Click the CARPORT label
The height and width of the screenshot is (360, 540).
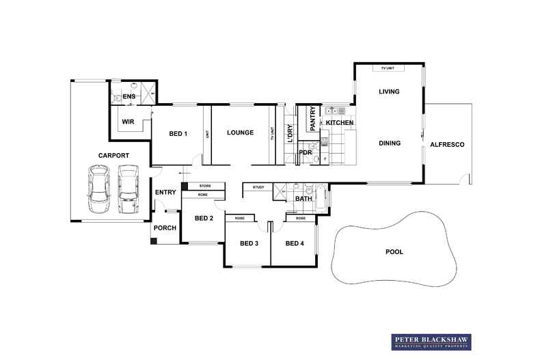coord(113,156)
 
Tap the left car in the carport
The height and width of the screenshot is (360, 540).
coord(99,189)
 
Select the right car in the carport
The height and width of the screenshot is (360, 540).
coord(129,189)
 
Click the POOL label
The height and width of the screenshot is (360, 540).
coord(394,252)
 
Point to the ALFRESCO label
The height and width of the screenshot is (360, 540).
coord(447,145)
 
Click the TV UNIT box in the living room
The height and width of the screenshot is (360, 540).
coord(388,68)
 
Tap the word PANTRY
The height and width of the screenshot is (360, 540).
coord(312,119)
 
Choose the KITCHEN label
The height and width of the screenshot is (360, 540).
coord(340,122)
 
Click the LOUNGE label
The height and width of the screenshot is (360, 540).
coord(241,133)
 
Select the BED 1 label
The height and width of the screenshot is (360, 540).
coord(178,133)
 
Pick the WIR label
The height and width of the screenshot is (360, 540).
coord(128,122)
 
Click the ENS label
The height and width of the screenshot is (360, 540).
coord(129,96)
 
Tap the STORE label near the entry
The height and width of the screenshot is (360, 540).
coord(205,186)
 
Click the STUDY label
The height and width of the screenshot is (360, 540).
coord(258,187)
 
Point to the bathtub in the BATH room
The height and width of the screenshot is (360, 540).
coord(321,197)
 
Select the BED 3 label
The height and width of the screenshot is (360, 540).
coord(249,243)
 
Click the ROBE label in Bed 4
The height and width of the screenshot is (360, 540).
coord(301,218)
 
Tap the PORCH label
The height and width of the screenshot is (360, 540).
coord(165,228)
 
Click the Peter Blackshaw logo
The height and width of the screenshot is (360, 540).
coord(431,342)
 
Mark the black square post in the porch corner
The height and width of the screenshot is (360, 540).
coord(154,241)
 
